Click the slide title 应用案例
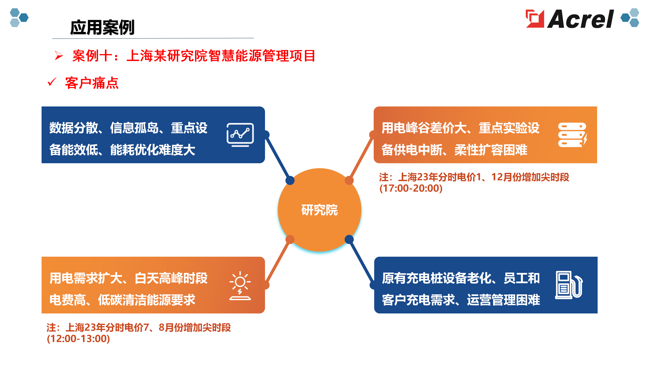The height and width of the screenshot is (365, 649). (102, 27)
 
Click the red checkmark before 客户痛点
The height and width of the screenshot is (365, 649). (52, 82)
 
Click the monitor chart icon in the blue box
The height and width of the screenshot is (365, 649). (240, 135)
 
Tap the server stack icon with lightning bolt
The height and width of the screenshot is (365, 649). (573, 135)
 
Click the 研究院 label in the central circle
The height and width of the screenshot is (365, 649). (319, 210)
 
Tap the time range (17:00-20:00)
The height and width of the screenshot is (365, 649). (411, 188)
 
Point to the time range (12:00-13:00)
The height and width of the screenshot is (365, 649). (78, 338)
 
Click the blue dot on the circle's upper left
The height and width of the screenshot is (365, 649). (290, 180)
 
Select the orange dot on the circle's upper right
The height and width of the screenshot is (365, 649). (349, 180)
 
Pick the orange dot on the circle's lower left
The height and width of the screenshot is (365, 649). (290, 239)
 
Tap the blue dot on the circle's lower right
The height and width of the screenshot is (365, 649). (349, 239)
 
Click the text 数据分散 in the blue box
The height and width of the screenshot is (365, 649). (74, 128)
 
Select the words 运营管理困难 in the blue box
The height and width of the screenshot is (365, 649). (503, 300)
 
